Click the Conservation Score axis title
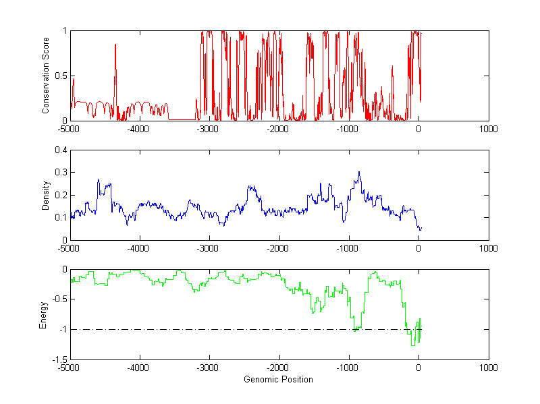[x=46, y=76]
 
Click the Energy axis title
[x=43, y=314]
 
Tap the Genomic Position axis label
[x=278, y=379]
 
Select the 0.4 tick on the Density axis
[x=59, y=150]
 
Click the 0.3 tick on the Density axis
[x=59, y=173]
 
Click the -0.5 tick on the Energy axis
[x=57, y=299]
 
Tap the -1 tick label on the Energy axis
[x=61, y=330]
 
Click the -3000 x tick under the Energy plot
[x=209, y=368]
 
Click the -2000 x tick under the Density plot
[x=278, y=248]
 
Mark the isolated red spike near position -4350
[x=115, y=45]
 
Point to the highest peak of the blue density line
[x=359, y=172]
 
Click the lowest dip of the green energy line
[x=412, y=345]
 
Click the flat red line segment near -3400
[x=182, y=119]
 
